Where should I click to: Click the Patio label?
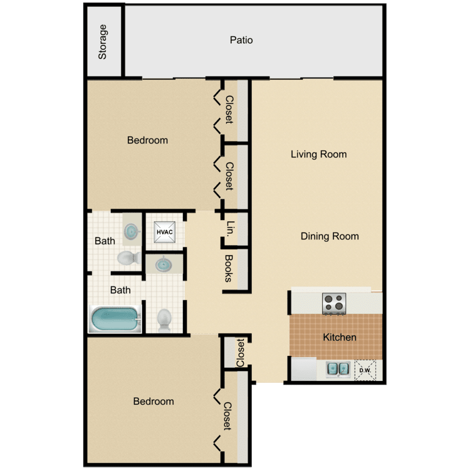tap(241, 40)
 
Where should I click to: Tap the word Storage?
tap(103, 42)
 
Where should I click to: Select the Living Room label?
tap(318, 154)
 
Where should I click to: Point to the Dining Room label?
tap(330, 236)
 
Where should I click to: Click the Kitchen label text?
tap(340, 337)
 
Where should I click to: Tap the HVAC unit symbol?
tap(165, 232)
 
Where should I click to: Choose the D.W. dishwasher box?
tap(365, 370)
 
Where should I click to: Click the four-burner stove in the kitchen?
tap(334, 303)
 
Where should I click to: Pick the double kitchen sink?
tap(338, 368)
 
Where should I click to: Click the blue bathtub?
tap(115, 319)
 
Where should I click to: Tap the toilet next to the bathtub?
tap(164, 320)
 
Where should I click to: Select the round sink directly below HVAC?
tap(164, 264)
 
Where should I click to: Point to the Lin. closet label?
tap(230, 228)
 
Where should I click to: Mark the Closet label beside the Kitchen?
tap(241, 352)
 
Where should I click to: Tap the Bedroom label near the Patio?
tap(147, 140)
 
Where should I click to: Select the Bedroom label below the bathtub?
tap(154, 401)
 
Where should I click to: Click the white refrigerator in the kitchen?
tap(304, 369)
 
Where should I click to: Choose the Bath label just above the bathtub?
tap(120, 290)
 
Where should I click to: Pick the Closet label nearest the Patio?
tap(229, 110)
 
